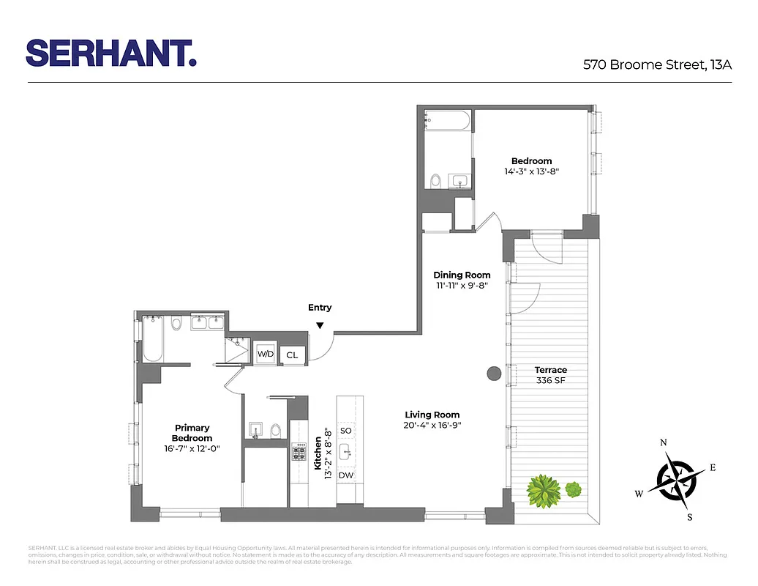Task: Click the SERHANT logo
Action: [111, 53]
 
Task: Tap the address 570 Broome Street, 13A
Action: [657, 64]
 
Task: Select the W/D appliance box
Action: [264, 354]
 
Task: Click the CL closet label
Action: [292, 355]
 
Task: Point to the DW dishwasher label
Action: [346, 475]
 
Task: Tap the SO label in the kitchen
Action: [346, 431]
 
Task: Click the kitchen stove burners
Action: [299, 452]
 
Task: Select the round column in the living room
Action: [494, 373]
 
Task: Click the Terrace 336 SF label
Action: [550, 375]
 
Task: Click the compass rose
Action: [674, 479]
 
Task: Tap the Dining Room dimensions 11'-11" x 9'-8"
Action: [462, 286]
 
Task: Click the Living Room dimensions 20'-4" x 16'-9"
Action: [432, 425]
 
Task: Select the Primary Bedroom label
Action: [192, 433]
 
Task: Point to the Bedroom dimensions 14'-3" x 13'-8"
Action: [531, 171]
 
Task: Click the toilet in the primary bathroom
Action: [176, 324]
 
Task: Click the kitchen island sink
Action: [347, 452]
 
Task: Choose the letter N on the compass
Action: [664, 442]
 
